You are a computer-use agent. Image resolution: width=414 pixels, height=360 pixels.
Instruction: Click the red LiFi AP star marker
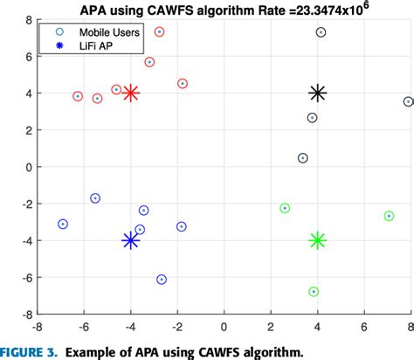(x=131, y=93)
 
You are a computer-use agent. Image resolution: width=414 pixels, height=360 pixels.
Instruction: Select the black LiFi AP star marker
(x=318, y=93)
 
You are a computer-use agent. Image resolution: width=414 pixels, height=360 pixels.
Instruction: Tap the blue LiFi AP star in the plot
(x=131, y=240)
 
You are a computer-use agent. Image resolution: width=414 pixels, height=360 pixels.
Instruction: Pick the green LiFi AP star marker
(x=318, y=240)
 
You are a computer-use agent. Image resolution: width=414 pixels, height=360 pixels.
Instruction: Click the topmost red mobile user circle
(x=159, y=32)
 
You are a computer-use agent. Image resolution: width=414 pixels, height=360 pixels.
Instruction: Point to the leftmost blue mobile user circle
(x=63, y=225)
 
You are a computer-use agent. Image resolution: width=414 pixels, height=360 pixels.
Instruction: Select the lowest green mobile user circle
(x=314, y=292)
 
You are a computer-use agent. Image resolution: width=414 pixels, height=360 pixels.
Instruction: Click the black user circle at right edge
(x=408, y=102)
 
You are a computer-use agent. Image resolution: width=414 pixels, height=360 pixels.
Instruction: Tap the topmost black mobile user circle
(x=321, y=32)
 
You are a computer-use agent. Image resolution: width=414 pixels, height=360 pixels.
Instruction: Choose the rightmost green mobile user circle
(x=389, y=216)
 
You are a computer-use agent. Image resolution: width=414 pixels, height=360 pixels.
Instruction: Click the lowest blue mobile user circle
(x=162, y=280)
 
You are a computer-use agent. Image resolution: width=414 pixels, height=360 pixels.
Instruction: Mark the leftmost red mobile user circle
(x=78, y=96)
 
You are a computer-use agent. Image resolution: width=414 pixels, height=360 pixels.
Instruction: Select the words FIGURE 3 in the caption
(x=28, y=351)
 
